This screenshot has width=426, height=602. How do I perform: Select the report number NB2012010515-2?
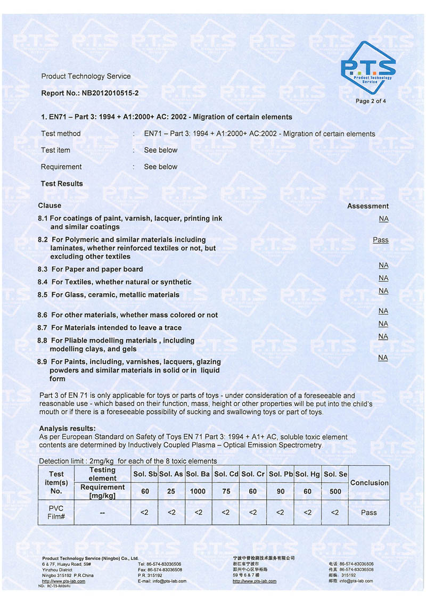[x=110, y=93]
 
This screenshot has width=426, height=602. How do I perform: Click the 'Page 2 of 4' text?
[x=371, y=101]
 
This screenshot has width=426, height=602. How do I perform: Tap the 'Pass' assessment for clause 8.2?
[x=380, y=240]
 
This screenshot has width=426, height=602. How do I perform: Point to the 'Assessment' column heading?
[x=367, y=206]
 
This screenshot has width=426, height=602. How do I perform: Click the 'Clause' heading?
[x=50, y=205]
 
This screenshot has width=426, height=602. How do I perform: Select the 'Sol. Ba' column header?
[x=198, y=474]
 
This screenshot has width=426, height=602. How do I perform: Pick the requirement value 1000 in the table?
[x=198, y=491]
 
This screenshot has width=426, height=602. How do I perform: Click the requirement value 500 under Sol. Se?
[x=335, y=491]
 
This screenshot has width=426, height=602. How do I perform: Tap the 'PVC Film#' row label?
[x=56, y=512]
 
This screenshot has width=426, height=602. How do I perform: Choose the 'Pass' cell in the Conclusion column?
[x=368, y=513]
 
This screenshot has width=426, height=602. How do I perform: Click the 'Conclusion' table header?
[x=369, y=483]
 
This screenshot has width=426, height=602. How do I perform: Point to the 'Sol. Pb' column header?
[x=281, y=474]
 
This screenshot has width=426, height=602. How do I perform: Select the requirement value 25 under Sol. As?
[x=171, y=491]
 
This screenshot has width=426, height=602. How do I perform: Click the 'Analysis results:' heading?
[x=68, y=428]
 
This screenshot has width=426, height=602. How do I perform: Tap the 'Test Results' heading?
[x=62, y=184]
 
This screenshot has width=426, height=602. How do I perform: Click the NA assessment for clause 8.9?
[x=383, y=358]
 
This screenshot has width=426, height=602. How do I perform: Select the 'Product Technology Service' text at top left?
[x=86, y=76]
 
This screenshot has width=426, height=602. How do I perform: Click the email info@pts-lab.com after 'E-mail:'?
[x=169, y=581]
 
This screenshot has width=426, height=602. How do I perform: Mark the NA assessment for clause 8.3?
[x=383, y=265]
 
